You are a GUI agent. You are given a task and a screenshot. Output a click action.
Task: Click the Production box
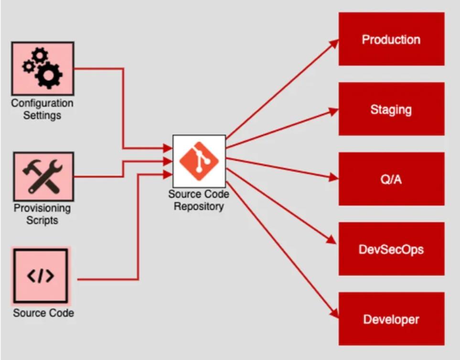click(391, 39)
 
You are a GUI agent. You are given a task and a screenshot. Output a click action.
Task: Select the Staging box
click(391, 109)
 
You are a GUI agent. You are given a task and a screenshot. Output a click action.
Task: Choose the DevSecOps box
click(391, 249)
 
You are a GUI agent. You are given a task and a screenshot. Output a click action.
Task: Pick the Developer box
click(391, 319)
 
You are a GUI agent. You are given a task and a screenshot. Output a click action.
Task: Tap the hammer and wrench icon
click(43, 176)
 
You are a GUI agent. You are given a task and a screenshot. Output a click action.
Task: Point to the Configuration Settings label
click(43, 109)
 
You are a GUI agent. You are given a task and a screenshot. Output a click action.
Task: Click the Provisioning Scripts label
click(43, 214)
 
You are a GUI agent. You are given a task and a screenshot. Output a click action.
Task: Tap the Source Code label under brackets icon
click(43, 313)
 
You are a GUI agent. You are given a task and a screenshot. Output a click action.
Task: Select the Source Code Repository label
click(198, 200)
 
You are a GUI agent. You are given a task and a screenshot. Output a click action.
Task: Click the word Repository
click(198, 207)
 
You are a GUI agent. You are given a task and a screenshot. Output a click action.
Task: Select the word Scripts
click(42, 220)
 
